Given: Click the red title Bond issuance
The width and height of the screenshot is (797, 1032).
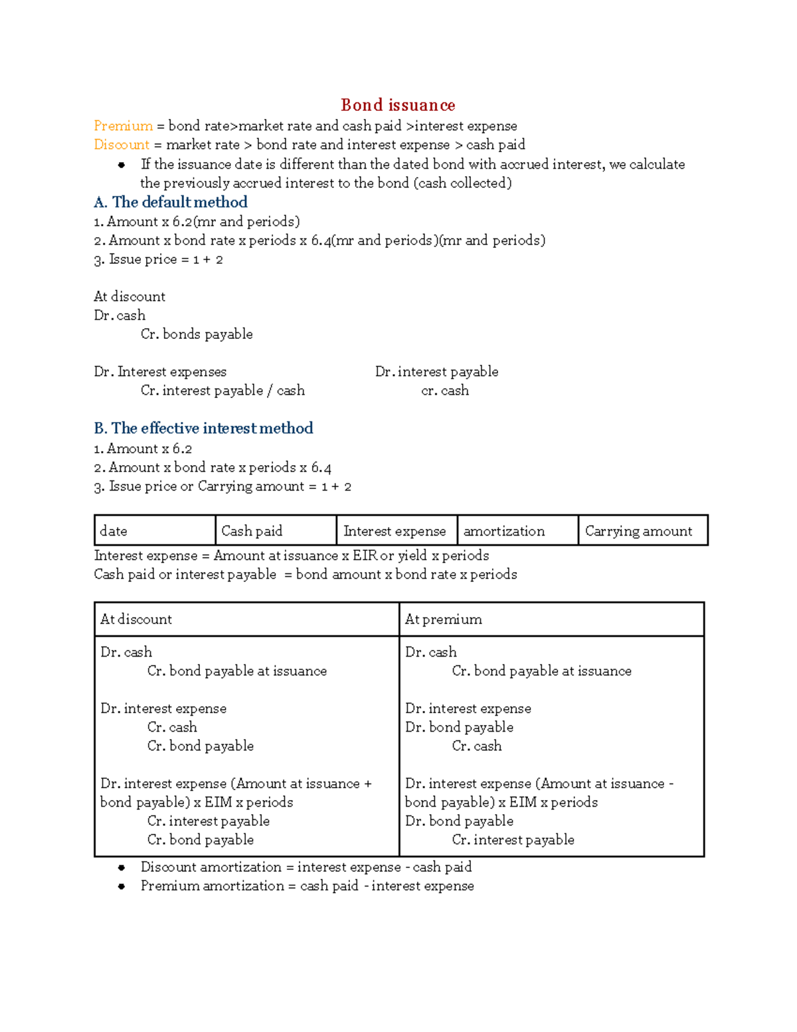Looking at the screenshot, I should point(398,105).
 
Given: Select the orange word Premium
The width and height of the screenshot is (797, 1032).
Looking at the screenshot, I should point(123,126).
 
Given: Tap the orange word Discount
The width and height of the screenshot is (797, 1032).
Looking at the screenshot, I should point(122,144).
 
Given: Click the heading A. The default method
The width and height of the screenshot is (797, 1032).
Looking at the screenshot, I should point(171,202).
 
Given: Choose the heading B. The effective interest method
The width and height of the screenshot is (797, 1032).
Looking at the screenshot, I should point(203,428).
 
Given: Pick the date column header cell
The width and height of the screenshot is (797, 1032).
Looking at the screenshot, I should point(155,530).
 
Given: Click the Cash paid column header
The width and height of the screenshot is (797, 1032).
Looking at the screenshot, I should point(276,530).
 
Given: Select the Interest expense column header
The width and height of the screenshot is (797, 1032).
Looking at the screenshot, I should point(397,530).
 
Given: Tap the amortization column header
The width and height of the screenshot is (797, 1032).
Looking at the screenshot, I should point(517,530).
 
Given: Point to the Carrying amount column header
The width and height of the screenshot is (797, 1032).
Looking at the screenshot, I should point(642,530).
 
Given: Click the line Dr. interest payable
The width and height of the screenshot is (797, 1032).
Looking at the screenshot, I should point(436,371).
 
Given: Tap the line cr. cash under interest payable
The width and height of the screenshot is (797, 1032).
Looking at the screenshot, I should point(445,391).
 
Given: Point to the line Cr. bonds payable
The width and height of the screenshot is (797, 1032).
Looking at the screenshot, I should point(197,334).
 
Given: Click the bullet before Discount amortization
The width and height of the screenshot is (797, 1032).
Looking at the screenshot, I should point(122,867).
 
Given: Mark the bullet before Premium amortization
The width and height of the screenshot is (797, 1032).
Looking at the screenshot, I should point(122,886).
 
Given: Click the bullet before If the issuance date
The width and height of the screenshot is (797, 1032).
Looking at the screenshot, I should point(122,165).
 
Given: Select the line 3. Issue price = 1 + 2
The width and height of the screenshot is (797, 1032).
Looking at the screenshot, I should point(158,259).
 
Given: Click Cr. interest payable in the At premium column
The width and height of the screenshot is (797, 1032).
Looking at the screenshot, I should point(513,840).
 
